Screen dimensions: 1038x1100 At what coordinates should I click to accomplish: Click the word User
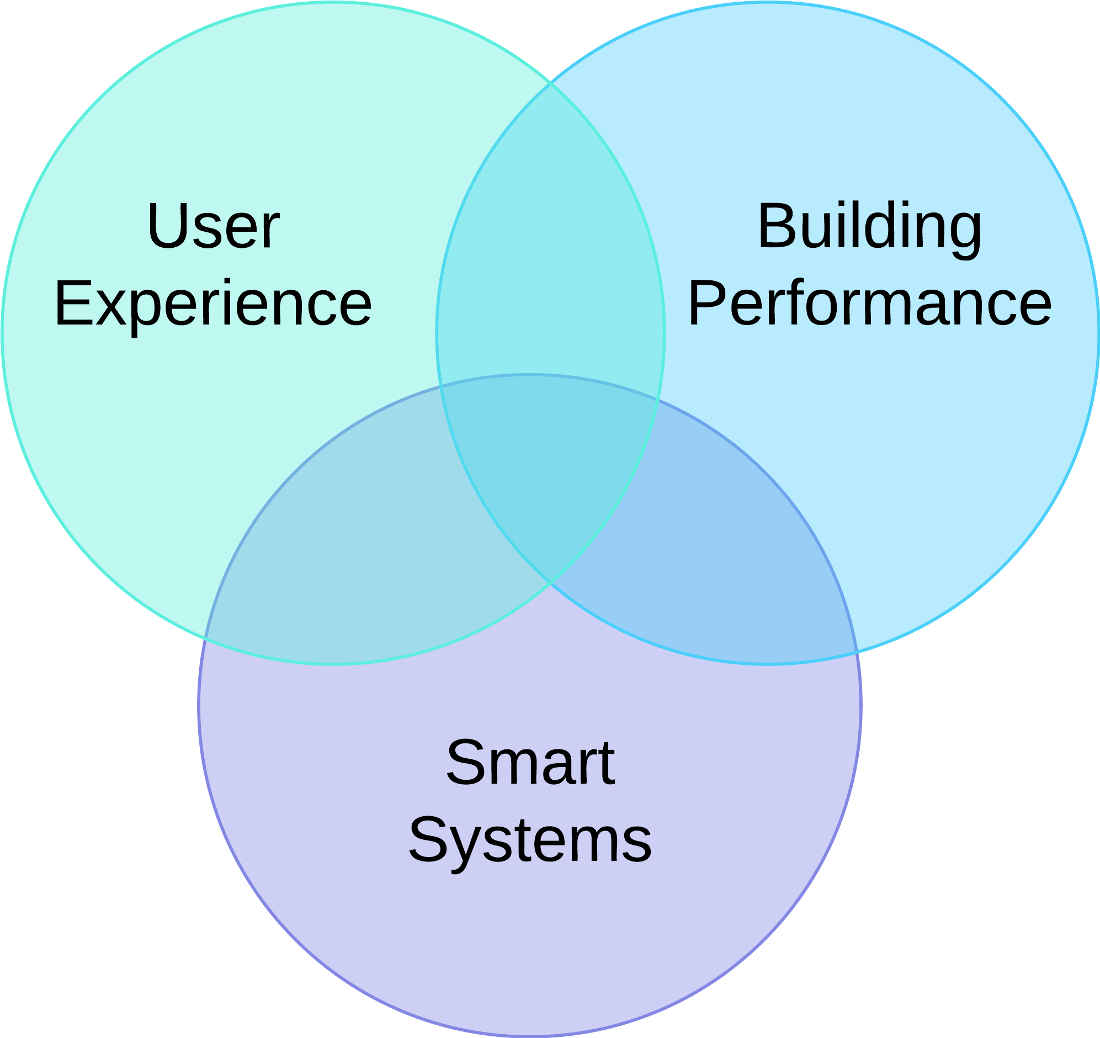click(x=214, y=226)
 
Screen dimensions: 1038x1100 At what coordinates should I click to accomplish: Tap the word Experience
click(x=213, y=303)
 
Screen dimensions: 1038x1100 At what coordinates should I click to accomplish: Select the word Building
click(x=869, y=226)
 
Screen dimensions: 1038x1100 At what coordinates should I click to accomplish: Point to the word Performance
click(x=869, y=303)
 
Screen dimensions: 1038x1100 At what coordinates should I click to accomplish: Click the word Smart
click(x=530, y=763)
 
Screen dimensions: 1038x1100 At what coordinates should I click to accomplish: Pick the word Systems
click(x=530, y=840)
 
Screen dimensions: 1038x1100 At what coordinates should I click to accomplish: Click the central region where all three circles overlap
click(x=548, y=470)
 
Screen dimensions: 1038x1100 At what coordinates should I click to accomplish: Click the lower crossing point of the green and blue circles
click(x=549, y=582)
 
